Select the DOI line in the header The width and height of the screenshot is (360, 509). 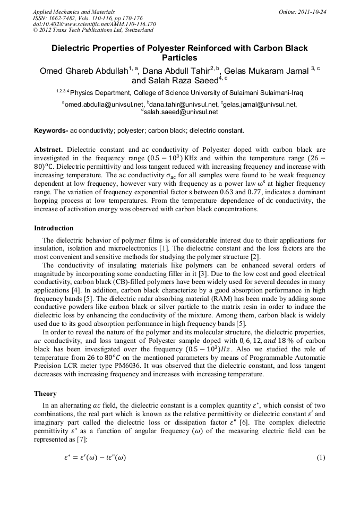[95, 24]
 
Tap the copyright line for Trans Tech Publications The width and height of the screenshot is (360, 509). [93, 30]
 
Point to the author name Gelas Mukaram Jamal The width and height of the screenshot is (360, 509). [267, 72]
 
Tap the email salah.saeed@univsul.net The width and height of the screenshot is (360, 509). [181, 112]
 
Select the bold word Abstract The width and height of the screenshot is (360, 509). [48, 150]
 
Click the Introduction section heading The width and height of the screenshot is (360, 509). [54, 228]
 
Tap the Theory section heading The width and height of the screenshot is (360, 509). [45, 394]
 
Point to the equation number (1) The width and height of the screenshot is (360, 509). [320, 458]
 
